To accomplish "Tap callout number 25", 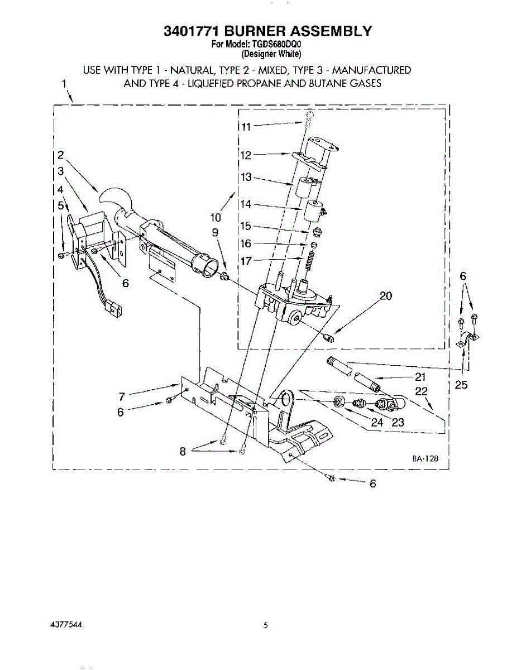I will (462, 385).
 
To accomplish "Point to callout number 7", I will (122, 396).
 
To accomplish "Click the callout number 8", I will (183, 452).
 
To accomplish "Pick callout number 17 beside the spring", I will (246, 261).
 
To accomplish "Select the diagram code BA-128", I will (425, 458).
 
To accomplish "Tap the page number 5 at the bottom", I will (266, 625).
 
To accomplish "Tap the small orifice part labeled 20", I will (329, 337).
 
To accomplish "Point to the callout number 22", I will (422, 391).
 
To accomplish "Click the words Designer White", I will (271, 54).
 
